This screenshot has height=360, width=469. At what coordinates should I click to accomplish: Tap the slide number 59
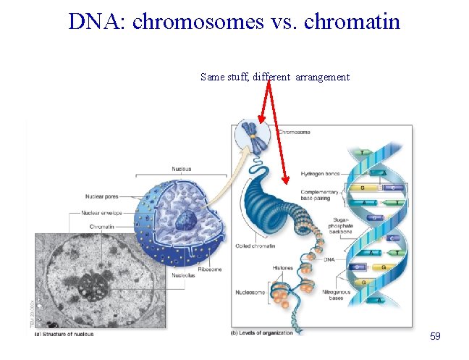click(x=435, y=336)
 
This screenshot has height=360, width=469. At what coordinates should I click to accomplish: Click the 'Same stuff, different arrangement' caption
click(x=275, y=77)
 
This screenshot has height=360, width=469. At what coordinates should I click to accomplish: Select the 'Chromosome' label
click(x=295, y=133)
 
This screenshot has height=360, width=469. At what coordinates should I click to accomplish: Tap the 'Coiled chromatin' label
click(x=255, y=246)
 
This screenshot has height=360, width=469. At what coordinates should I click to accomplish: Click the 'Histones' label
click(x=283, y=268)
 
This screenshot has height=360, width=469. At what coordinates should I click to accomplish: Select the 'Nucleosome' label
click(x=250, y=293)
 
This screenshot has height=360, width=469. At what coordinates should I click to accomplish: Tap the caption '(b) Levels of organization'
click(x=262, y=332)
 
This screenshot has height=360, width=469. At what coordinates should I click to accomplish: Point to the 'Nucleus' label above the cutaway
click(x=182, y=169)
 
